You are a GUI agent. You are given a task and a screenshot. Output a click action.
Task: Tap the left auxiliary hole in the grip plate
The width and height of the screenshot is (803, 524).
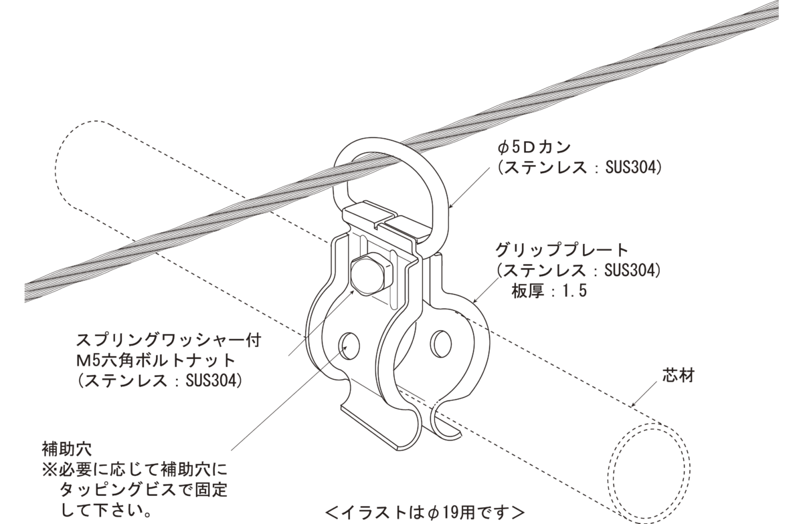point(349,346)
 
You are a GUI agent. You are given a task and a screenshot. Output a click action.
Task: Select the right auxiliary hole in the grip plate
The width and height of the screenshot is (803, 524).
point(441,344)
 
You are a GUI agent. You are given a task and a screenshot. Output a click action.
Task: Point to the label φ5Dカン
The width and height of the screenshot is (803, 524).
point(534,147)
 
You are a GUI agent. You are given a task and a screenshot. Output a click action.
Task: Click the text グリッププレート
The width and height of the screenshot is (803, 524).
point(561,250)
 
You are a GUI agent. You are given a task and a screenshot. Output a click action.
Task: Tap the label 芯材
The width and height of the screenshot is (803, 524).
point(679,376)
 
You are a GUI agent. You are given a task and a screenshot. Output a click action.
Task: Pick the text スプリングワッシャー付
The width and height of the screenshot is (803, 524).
point(169,341)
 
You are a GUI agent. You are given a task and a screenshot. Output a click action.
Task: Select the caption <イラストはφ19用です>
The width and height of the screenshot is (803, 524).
point(425,513)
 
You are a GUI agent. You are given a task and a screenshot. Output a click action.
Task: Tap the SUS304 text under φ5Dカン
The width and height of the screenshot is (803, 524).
point(632,168)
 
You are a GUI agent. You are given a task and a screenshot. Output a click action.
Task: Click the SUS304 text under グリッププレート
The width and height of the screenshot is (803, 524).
point(632,271)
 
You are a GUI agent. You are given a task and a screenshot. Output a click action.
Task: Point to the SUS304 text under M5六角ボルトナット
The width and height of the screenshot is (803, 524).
point(213,381)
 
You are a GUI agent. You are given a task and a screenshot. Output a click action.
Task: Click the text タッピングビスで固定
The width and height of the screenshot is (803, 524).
point(143,490)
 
